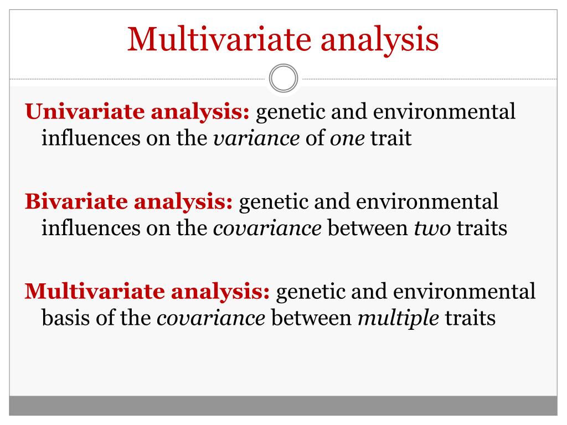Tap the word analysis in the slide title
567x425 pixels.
tap(379, 40)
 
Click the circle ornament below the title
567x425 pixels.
tap(283, 77)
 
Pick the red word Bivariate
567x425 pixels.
tap(76, 201)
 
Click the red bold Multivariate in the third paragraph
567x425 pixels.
tap(94, 291)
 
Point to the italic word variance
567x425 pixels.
tap(256, 138)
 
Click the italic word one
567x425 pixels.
tap(347, 139)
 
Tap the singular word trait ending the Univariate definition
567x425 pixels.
tap(391, 138)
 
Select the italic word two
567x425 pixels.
tap(432, 229)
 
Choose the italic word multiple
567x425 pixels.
tap(398, 318)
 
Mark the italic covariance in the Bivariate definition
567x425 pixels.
tap(267, 229)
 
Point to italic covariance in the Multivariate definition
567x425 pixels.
tap(211, 319)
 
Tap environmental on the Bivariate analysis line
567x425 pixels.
tap(427, 201)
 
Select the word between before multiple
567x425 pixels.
tap(311, 318)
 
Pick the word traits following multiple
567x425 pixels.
tap(470, 318)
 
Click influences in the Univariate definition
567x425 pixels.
tap(91, 138)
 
